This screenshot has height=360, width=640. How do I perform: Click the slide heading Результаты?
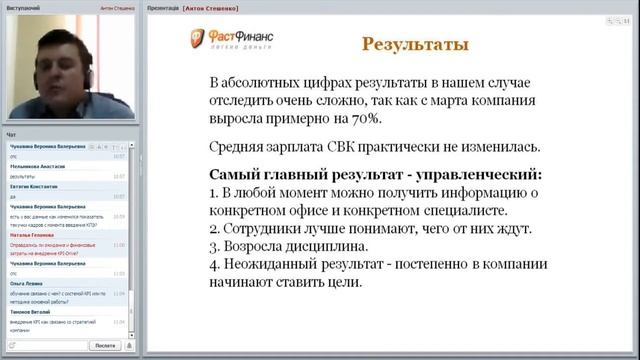[415, 45]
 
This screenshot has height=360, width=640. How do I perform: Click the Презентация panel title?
[164, 5]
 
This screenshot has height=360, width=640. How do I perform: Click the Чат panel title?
[11, 133]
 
